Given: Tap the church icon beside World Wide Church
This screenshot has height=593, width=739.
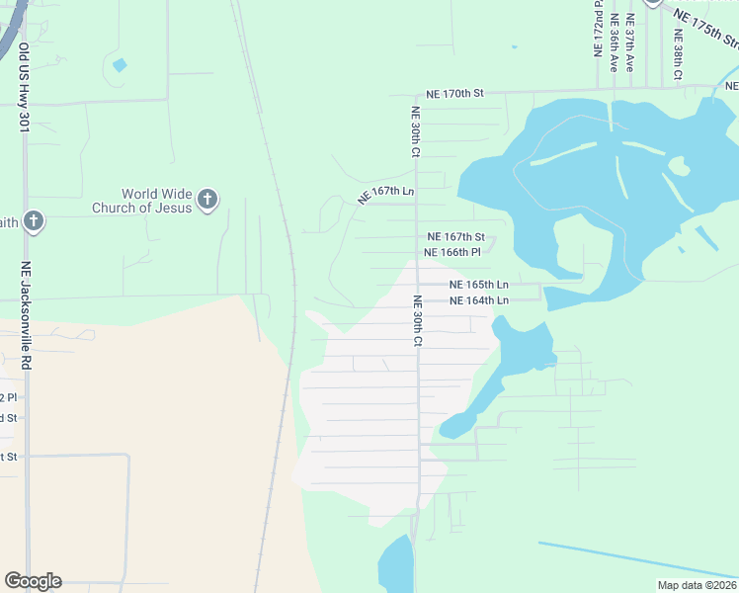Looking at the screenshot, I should [x=206, y=200].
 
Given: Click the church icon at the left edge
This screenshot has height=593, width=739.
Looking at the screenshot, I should [x=34, y=220].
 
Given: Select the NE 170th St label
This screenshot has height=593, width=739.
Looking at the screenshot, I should [x=454, y=94].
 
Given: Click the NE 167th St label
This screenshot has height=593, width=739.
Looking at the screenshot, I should [x=455, y=237].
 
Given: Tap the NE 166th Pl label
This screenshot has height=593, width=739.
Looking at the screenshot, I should [x=452, y=252].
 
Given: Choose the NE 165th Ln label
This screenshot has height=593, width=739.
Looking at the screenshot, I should [x=478, y=285].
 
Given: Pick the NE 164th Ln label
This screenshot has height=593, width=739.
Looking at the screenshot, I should [x=478, y=300].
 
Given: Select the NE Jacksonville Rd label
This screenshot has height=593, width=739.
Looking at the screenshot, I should [x=27, y=316].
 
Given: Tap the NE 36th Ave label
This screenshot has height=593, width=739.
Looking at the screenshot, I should [x=614, y=43].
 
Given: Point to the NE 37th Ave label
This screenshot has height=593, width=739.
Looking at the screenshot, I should [x=629, y=43].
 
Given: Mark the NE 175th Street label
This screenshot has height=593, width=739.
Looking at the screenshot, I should [x=707, y=28].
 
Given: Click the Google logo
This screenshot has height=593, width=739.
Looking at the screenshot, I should [x=33, y=581].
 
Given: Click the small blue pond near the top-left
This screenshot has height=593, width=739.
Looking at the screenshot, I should [x=120, y=65].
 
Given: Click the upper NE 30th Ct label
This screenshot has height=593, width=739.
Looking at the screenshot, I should [x=416, y=132].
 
